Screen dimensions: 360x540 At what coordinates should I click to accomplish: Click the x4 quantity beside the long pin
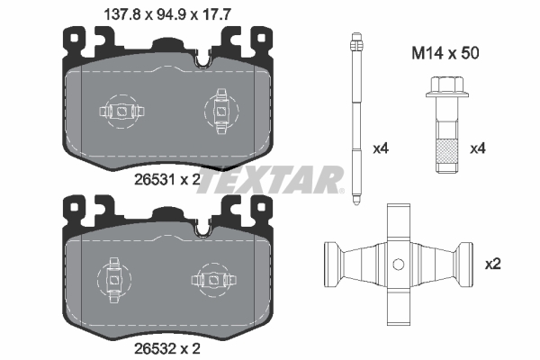(380, 148)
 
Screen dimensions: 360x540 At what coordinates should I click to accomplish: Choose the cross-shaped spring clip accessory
(396, 265)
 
